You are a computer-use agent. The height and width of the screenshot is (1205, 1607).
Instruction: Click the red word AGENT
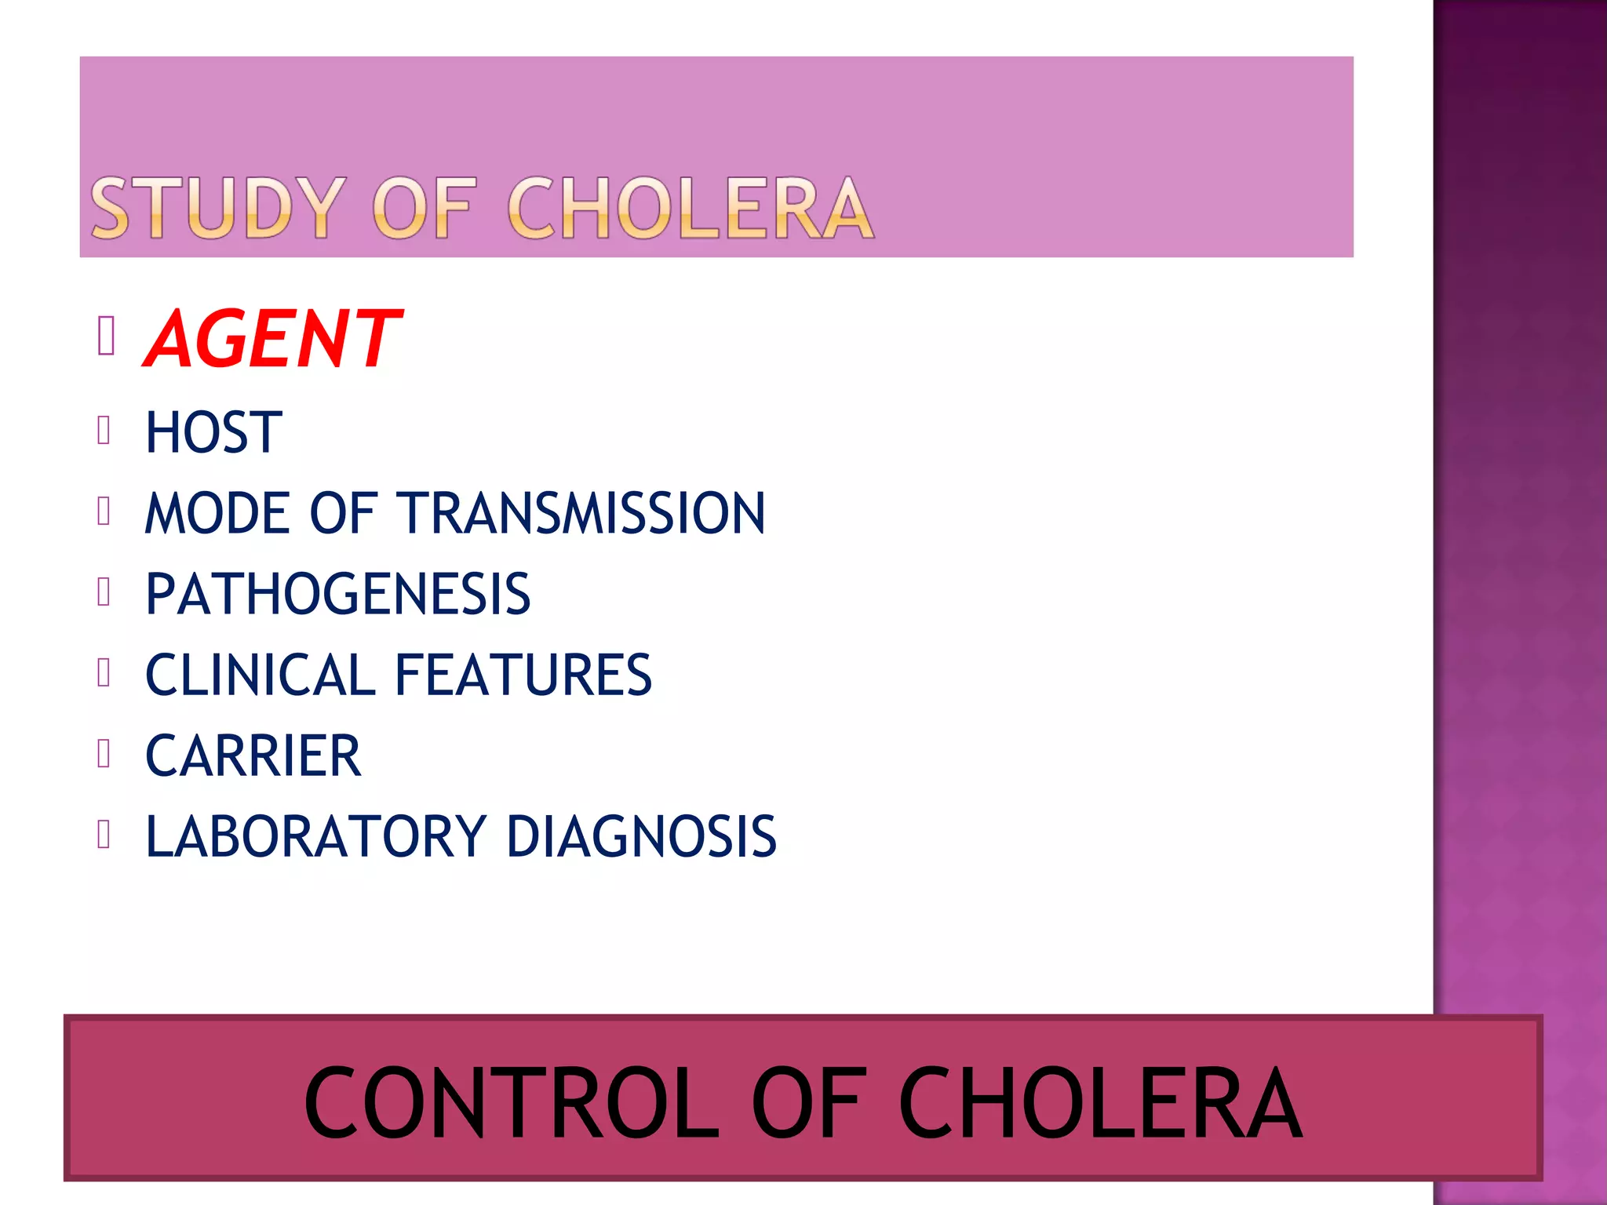272,339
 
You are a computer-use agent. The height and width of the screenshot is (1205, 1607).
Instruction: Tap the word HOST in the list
213,432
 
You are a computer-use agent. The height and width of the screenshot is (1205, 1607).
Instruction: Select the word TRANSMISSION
583,514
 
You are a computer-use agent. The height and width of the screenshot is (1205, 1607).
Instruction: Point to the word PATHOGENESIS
337,594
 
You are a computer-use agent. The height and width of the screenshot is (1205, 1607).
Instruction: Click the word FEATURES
523,675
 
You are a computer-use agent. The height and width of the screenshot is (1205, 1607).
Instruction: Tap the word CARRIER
253,756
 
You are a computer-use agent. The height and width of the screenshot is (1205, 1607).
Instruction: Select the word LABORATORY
316,836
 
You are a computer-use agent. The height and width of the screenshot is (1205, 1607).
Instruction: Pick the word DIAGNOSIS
641,836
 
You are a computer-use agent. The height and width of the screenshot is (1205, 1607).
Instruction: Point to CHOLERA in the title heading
691,208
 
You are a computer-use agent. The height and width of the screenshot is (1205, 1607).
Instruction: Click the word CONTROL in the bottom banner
511,1103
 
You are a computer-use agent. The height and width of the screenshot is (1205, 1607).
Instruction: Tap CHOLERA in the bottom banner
1100,1103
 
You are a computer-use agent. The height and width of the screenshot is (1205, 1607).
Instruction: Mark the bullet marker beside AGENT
107,336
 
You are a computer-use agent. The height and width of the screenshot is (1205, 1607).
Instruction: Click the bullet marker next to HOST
104,430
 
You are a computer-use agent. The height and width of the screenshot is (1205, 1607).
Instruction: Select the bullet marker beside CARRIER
104,753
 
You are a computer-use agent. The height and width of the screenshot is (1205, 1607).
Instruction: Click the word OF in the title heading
425,208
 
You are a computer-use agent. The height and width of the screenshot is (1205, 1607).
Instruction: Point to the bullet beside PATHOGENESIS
104,592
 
